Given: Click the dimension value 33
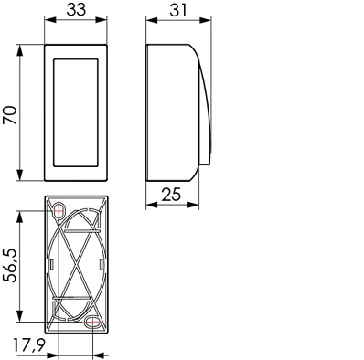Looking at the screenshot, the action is click(x=76, y=10).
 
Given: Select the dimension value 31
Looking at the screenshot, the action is click(x=178, y=10).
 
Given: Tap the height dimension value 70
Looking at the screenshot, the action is click(x=10, y=115).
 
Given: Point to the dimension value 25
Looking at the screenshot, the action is click(x=171, y=195).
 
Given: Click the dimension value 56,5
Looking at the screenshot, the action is click(x=10, y=266).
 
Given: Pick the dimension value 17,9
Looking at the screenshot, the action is click(x=29, y=344).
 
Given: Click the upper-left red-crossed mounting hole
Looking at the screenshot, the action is click(x=59, y=210).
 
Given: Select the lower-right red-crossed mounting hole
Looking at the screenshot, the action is click(x=92, y=322).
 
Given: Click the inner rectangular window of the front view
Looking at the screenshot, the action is click(x=76, y=112).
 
